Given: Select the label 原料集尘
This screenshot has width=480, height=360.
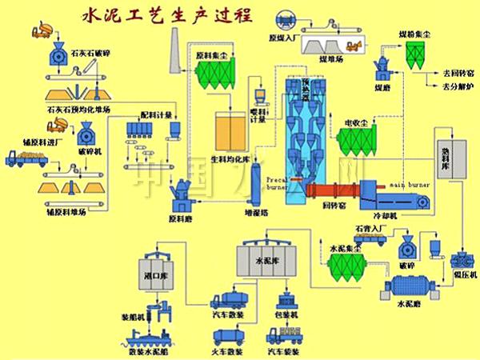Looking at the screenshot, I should point(210,57).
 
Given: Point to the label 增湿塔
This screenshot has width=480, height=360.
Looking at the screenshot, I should point(256,214).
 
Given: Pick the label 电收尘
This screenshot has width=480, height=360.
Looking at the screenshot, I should point(356,123).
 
